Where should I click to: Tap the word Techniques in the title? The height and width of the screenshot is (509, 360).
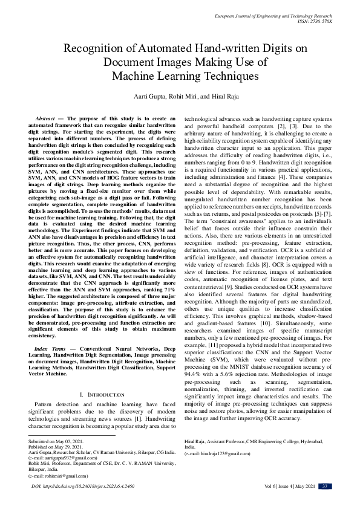[212, 76]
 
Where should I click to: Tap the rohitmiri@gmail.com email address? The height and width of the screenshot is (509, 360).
[60, 476]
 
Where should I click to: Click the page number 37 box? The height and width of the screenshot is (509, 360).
[325, 487]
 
